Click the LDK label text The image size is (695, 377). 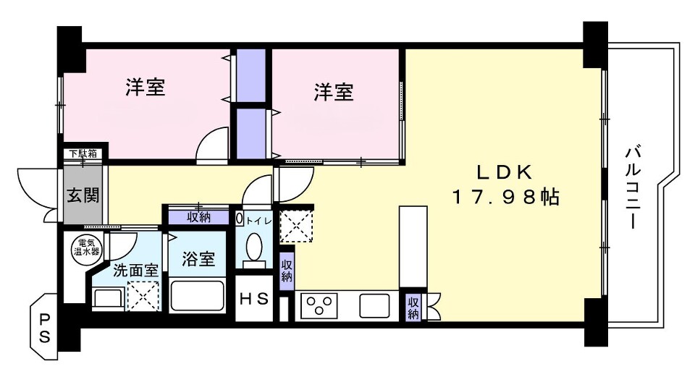tap(505, 172)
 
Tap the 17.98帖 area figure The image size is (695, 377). tap(505, 197)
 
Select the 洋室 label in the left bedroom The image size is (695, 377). tap(146, 88)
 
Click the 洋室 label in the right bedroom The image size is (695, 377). tap(334, 92)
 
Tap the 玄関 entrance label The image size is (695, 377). tap(84, 195)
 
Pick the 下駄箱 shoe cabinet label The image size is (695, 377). tap(83, 153)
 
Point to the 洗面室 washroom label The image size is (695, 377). tap(135, 271)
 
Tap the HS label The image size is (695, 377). tap(255, 298)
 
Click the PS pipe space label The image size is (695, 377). tap(44, 328)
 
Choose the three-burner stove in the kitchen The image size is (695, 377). tap(319, 305)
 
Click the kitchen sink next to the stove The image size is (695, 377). tap(374, 305)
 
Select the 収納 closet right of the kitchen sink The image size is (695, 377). tap(413, 307)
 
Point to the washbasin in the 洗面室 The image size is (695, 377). tap(107, 298)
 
